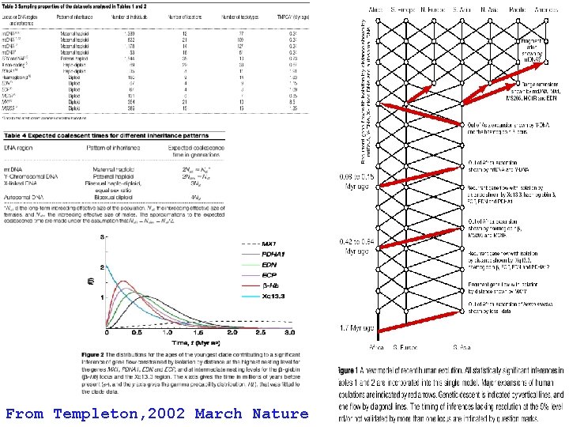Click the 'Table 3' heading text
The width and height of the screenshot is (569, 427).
pyautogui.click(x=24, y=6)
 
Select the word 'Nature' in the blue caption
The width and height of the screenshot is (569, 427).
pyautogui.click(x=281, y=413)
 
